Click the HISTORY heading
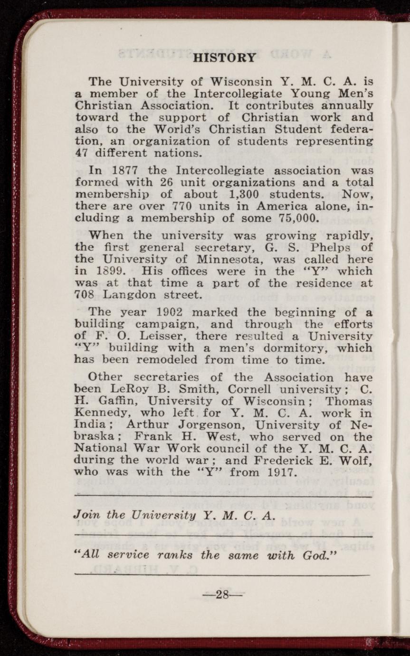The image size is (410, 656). [225, 58]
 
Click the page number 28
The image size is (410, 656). [223, 594]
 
